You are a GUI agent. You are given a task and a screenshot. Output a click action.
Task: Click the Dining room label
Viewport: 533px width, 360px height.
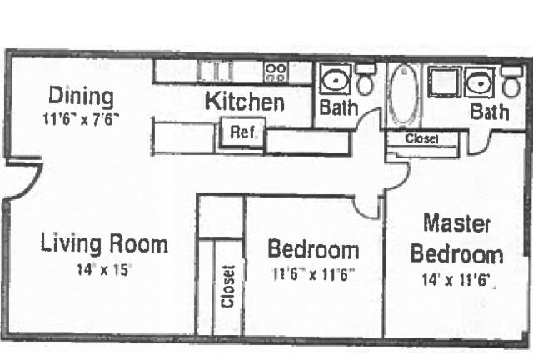(x=82, y=97)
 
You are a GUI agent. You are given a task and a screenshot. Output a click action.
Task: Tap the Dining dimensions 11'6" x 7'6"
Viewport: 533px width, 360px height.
(x=82, y=119)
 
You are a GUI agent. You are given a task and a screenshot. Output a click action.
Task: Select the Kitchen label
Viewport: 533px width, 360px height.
(x=245, y=101)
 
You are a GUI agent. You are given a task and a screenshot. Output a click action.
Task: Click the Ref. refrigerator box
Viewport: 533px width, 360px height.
(x=242, y=132)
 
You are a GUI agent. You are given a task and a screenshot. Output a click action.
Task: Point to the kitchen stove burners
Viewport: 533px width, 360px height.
(x=276, y=72)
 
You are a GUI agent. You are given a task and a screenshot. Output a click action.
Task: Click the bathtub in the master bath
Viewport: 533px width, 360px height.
(x=403, y=94)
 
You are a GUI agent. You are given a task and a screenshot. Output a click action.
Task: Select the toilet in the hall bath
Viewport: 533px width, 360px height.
(x=365, y=79)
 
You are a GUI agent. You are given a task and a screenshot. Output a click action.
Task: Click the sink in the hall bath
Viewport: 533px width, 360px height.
(x=336, y=80)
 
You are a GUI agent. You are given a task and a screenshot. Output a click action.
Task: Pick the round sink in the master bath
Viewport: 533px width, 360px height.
(x=480, y=82)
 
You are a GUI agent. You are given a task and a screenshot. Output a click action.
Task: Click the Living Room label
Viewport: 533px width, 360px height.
(x=104, y=243)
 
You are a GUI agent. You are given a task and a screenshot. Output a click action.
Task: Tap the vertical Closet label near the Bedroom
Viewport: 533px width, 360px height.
(x=227, y=287)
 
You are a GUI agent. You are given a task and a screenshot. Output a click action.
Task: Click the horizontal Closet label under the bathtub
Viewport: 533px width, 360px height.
(x=421, y=138)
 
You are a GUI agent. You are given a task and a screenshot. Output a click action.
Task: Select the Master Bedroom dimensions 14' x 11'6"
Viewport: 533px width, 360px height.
(x=456, y=280)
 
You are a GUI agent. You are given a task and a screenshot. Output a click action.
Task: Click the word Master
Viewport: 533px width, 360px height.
(x=456, y=223)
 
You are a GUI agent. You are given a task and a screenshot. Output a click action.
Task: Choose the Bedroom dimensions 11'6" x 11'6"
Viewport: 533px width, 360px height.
(x=314, y=274)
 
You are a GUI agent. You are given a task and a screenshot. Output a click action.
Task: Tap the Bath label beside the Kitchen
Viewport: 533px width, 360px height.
(x=339, y=107)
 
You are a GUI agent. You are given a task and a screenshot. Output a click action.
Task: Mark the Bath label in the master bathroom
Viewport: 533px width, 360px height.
(x=489, y=112)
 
